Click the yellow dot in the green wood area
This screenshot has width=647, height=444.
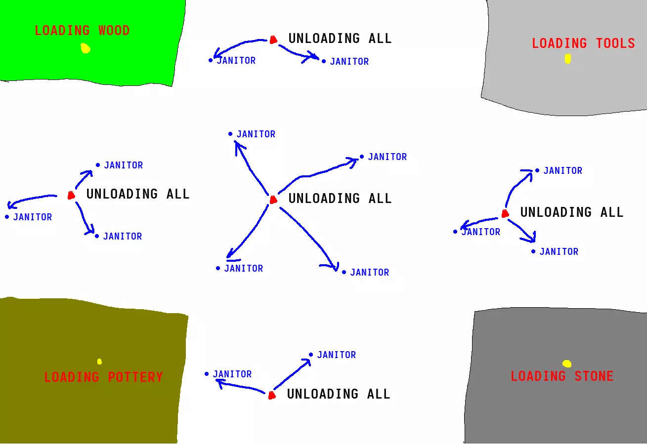point(86,48)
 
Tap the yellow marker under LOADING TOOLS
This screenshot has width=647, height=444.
point(568,59)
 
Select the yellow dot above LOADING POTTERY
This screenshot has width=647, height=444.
point(99,362)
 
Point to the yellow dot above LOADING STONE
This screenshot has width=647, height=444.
point(567,363)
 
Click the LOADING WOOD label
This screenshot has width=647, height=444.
point(82,31)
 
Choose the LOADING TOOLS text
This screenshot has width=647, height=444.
point(583,43)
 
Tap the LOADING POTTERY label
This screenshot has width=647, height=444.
point(103,377)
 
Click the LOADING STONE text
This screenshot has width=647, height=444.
point(562,376)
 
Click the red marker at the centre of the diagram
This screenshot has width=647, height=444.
point(273,200)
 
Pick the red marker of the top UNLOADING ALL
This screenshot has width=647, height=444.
point(273,40)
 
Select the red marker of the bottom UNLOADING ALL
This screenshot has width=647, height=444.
point(271,395)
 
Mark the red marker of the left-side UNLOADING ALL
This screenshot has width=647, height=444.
point(71,195)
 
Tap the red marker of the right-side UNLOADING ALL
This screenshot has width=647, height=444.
point(505,213)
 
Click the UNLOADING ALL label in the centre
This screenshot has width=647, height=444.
point(340,199)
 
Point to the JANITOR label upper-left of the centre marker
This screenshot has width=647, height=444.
point(256,134)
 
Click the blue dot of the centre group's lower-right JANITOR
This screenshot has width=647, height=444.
point(344,272)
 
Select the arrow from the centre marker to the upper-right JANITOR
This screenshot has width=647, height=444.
point(316,173)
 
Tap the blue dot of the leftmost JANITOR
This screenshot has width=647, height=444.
point(7,217)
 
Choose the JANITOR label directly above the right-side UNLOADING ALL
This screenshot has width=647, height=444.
point(562,171)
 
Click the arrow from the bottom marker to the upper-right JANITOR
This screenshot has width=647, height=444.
point(292,375)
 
